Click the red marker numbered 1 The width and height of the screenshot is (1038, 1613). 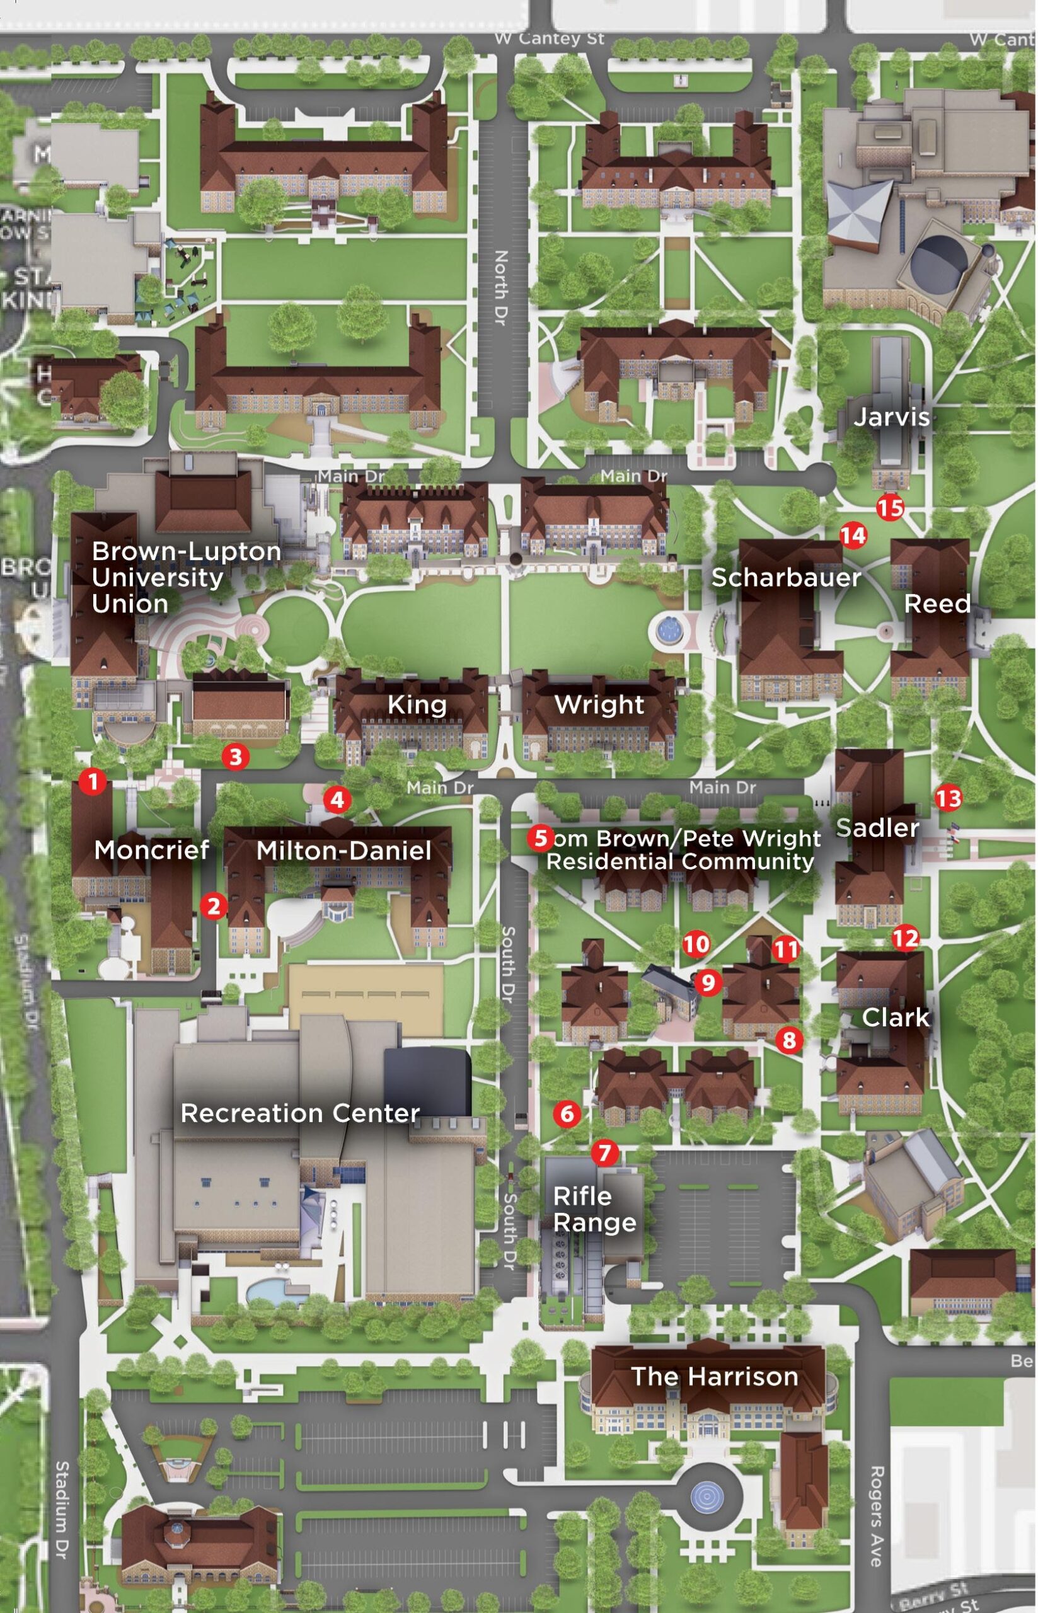pos(93,781)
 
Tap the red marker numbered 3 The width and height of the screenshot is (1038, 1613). pos(235,756)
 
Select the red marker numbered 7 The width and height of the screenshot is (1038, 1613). pos(604,1153)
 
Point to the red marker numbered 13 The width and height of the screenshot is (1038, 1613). pos(949,799)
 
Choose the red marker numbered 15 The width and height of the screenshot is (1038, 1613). pos(890,507)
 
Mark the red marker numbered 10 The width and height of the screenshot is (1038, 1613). pos(696,944)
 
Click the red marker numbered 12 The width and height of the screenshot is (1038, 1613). pos(905,938)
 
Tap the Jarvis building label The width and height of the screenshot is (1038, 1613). pos(891,417)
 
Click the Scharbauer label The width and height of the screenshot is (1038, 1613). pos(786,577)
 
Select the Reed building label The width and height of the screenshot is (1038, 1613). pos(937,603)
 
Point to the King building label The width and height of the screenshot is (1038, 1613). pos(417,705)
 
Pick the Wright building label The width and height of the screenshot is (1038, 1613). pos(599,705)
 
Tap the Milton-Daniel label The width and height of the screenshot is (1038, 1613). pos(343,851)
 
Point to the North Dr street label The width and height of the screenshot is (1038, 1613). pos(500,288)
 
